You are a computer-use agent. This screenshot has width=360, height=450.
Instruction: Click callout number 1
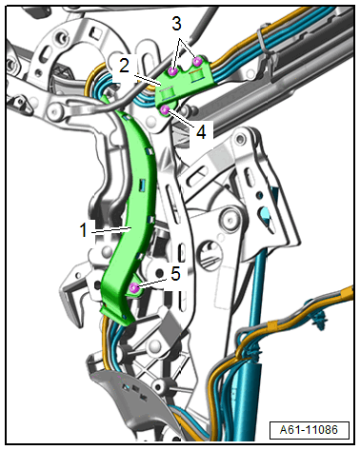pos(84,229)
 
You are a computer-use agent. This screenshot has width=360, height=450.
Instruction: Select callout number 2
pos(124,66)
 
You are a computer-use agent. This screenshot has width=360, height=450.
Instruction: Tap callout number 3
pos(177,24)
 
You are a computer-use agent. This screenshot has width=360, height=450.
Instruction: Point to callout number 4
pos(201,131)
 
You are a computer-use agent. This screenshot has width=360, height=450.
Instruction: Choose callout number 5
pos(175,273)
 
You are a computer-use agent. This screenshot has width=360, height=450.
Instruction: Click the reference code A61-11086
pos(309,430)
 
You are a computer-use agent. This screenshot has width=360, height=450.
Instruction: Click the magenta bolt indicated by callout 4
pos(165,110)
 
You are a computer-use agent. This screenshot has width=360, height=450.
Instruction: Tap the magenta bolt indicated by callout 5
pos(134,288)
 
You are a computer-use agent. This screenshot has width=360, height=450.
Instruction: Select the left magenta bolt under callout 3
pos(172,71)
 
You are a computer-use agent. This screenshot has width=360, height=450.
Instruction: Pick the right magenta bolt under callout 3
pos(198,61)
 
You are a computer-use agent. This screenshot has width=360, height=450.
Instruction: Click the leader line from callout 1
pos(111,229)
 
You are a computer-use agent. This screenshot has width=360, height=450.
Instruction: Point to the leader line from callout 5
pos(153,284)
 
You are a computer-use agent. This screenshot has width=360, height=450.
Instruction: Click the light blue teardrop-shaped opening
pos(268,217)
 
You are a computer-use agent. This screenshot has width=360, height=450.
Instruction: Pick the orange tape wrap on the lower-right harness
pos(272,325)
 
